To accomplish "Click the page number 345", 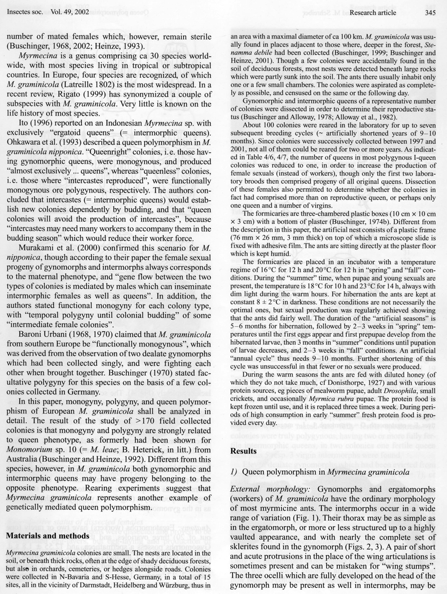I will coord(430,13).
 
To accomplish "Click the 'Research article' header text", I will coord(373,13).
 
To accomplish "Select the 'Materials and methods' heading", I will coord(48,535).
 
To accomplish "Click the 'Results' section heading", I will coord(243,451).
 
